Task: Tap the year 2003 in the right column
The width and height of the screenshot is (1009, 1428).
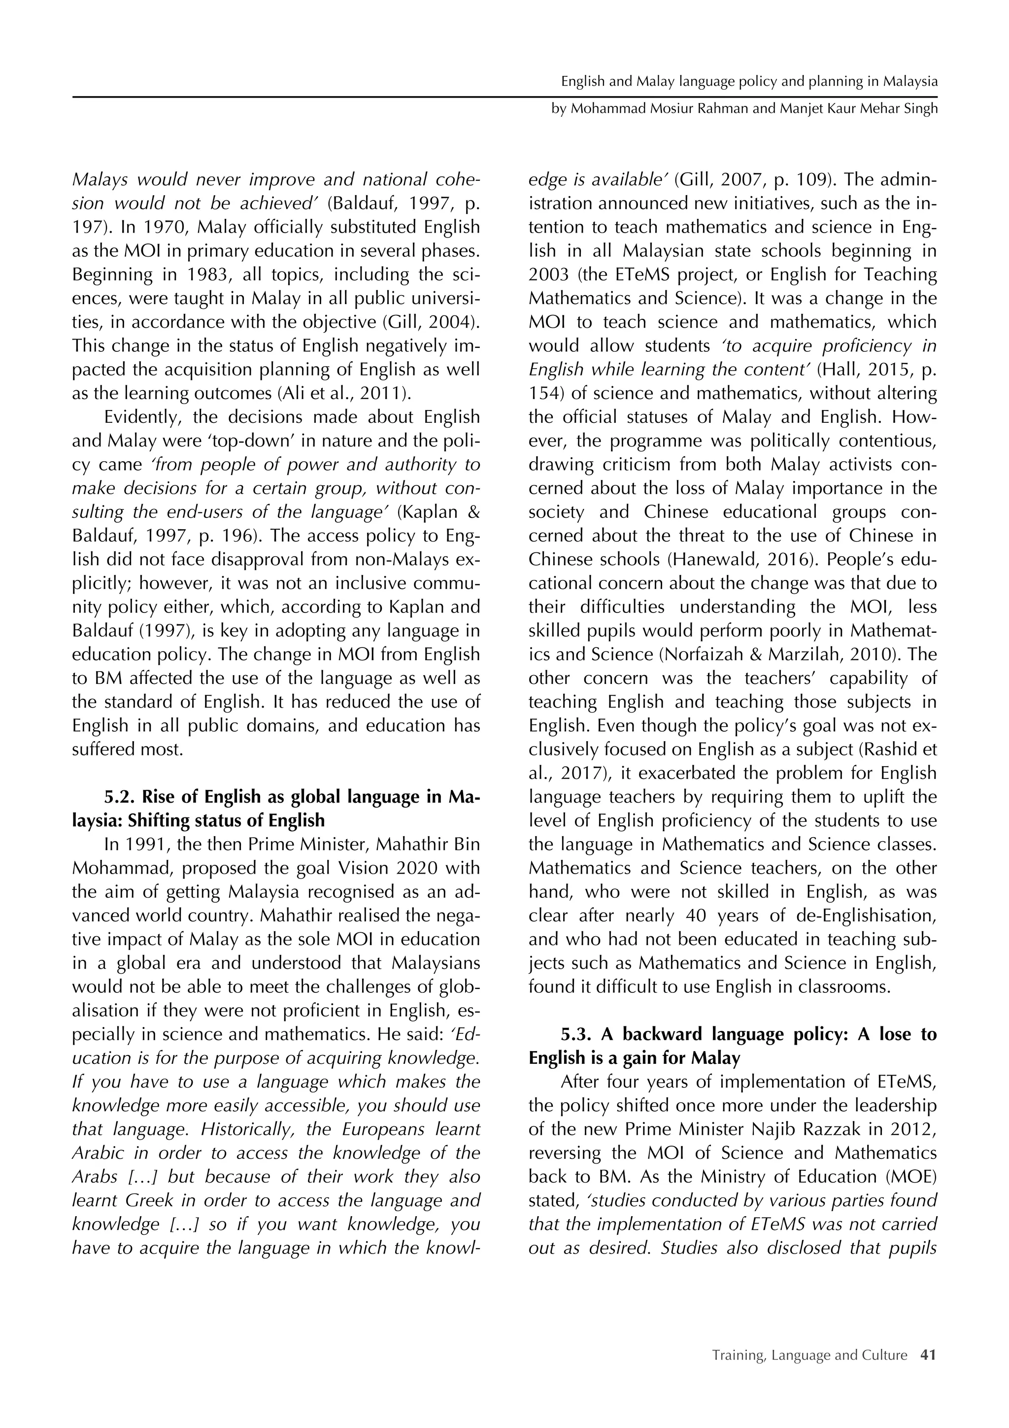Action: pyautogui.click(x=547, y=275)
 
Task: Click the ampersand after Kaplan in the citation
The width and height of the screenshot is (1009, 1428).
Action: pyautogui.click(x=473, y=512)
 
